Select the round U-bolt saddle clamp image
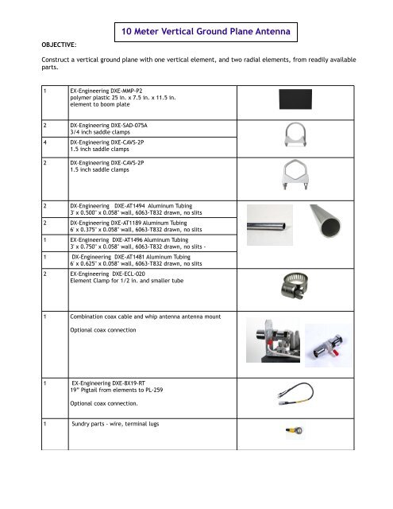[301, 137]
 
